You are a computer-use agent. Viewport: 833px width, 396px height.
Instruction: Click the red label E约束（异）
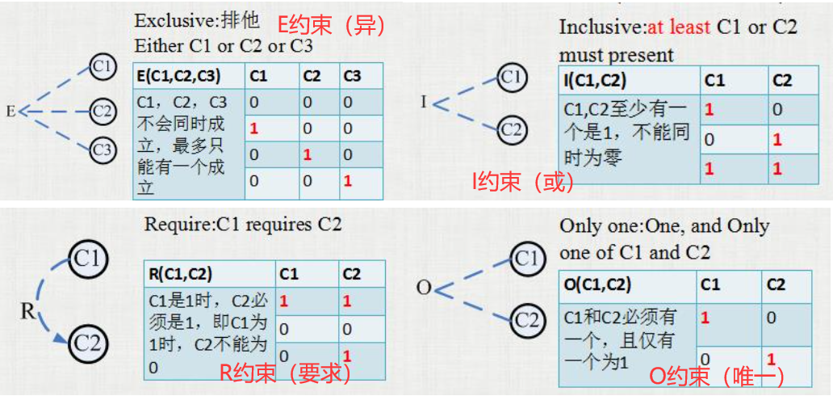coord(331,26)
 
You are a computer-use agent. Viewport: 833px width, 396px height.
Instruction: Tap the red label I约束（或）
coord(523,183)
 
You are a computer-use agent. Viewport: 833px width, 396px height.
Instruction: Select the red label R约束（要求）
coord(286,373)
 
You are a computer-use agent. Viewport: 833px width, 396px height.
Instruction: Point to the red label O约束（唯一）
coord(717,377)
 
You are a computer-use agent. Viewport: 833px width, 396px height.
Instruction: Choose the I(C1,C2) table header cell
coord(629,80)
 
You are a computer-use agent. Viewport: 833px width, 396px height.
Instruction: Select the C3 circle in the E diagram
coord(101,150)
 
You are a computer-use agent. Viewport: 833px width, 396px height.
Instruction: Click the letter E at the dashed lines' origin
coord(10,112)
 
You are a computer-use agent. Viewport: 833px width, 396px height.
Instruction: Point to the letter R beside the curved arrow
coord(27,311)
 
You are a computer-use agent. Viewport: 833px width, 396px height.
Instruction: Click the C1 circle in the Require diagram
coord(88,259)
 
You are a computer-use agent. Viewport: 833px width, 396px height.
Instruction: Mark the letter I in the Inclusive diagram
coord(424,102)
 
